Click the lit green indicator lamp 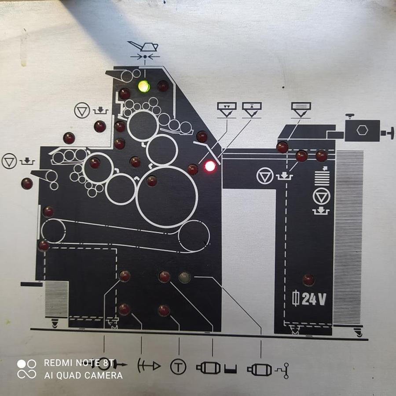(144, 86)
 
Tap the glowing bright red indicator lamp (210, 166)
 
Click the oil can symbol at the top (143, 46)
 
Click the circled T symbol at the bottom (178, 367)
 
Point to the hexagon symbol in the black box (363, 130)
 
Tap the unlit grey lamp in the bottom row (185, 277)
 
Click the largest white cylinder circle (167, 197)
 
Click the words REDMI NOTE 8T (79, 363)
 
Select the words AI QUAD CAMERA (83, 375)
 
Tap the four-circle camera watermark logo (26, 369)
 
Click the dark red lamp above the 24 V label (308, 280)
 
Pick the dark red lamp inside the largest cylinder (152, 181)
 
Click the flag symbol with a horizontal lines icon (301, 110)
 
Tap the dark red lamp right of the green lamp (163, 86)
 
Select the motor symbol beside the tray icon (209, 368)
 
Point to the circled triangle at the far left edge (9, 161)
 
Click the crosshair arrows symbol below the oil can (145, 57)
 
